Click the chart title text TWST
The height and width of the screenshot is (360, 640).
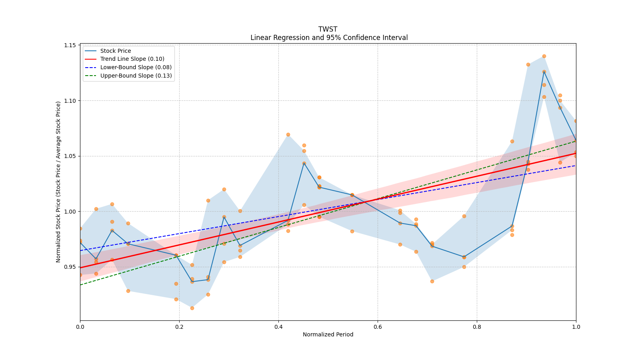click(328, 29)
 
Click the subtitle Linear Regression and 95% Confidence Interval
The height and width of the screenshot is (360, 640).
click(329, 38)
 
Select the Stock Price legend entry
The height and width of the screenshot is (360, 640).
click(116, 51)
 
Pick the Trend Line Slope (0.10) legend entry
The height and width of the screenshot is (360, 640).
click(132, 59)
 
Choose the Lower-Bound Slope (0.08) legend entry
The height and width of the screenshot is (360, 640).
click(136, 67)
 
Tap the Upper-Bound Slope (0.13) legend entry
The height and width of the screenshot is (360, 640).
click(136, 76)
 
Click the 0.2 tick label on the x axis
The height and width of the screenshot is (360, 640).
click(179, 327)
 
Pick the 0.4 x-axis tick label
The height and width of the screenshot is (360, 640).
click(278, 327)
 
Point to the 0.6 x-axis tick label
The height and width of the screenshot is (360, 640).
click(378, 327)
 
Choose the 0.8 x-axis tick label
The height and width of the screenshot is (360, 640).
click(477, 327)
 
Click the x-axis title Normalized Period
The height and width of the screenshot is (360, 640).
click(328, 334)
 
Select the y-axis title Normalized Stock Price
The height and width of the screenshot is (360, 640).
click(58, 182)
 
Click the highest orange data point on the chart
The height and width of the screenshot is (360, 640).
click(544, 56)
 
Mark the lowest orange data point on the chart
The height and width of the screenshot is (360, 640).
click(192, 308)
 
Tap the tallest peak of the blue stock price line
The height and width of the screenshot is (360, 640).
click(544, 72)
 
